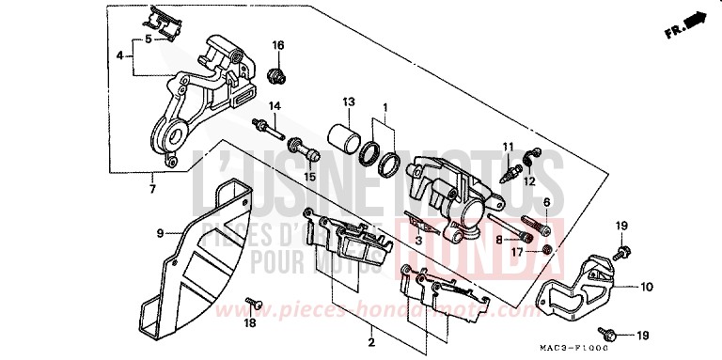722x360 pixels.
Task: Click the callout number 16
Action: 277,45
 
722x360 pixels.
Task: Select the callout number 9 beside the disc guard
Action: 160,232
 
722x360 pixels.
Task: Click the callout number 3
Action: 416,241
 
